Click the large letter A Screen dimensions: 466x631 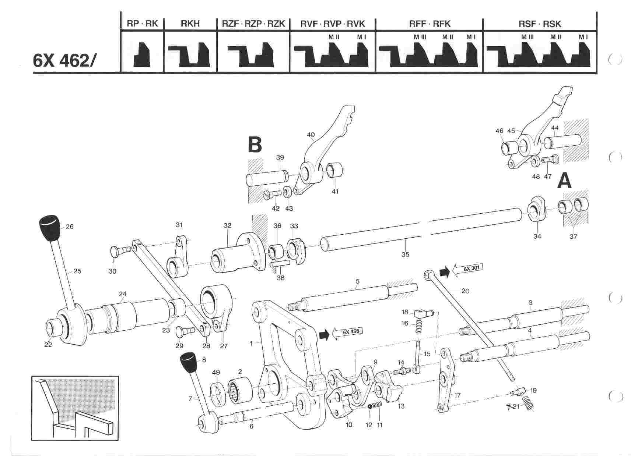tap(564, 181)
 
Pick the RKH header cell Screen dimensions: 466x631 tap(190, 24)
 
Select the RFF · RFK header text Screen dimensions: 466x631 tap(430, 24)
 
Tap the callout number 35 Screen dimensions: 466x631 tap(405, 254)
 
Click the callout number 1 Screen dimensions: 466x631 tap(251, 344)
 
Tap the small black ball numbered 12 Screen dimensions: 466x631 tap(369, 406)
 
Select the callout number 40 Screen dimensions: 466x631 tap(311, 135)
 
